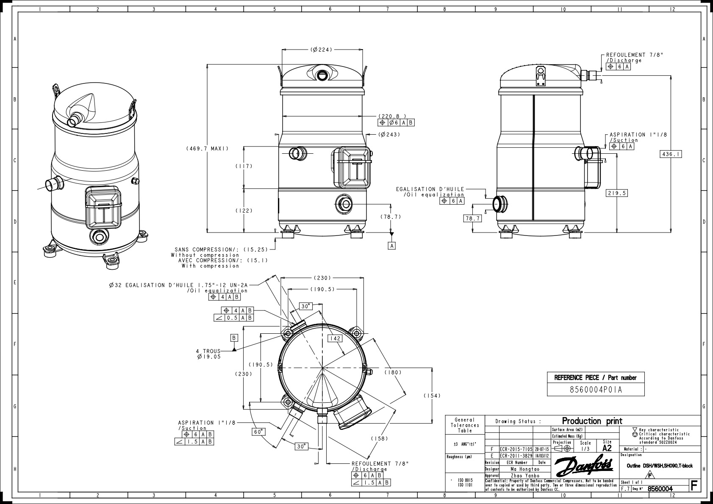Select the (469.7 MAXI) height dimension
point(207,149)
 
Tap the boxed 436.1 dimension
point(671,154)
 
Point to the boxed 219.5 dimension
point(616,193)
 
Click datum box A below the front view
point(392,246)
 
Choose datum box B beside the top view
point(234,338)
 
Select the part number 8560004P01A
point(596,390)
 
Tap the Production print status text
point(592,421)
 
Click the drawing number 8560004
point(660,489)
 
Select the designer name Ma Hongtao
point(524,469)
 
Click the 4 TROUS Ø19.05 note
point(208,354)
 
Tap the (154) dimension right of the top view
point(432,396)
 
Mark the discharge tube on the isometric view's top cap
point(75,119)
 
